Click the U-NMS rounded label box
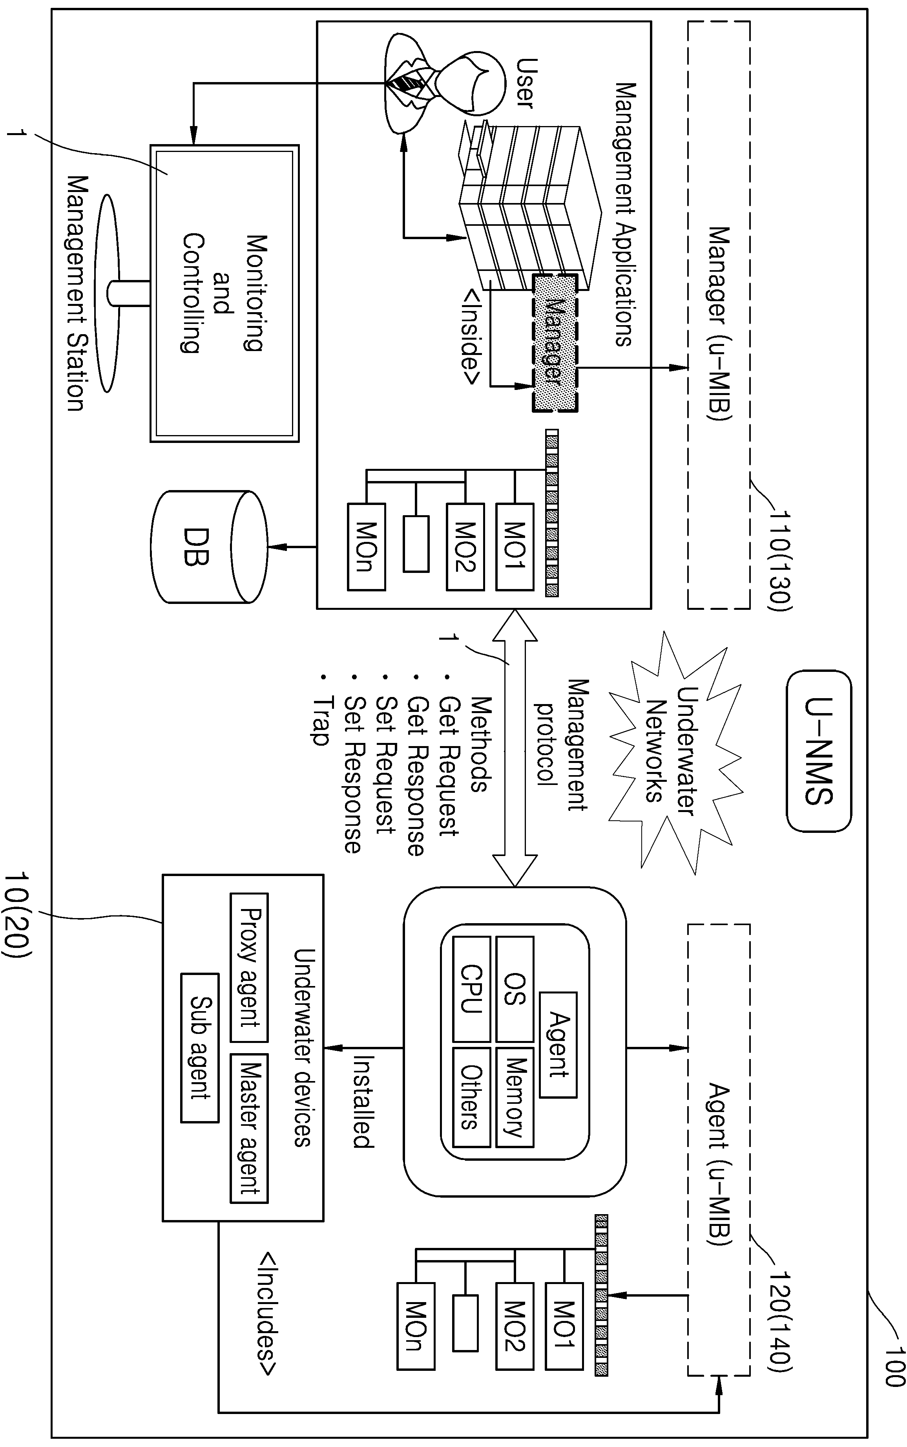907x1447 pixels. click(x=819, y=752)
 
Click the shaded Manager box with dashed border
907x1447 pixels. click(x=554, y=343)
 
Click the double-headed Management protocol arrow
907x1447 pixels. click(x=515, y=748)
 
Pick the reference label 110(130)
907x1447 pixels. click(x=780, y=561)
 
